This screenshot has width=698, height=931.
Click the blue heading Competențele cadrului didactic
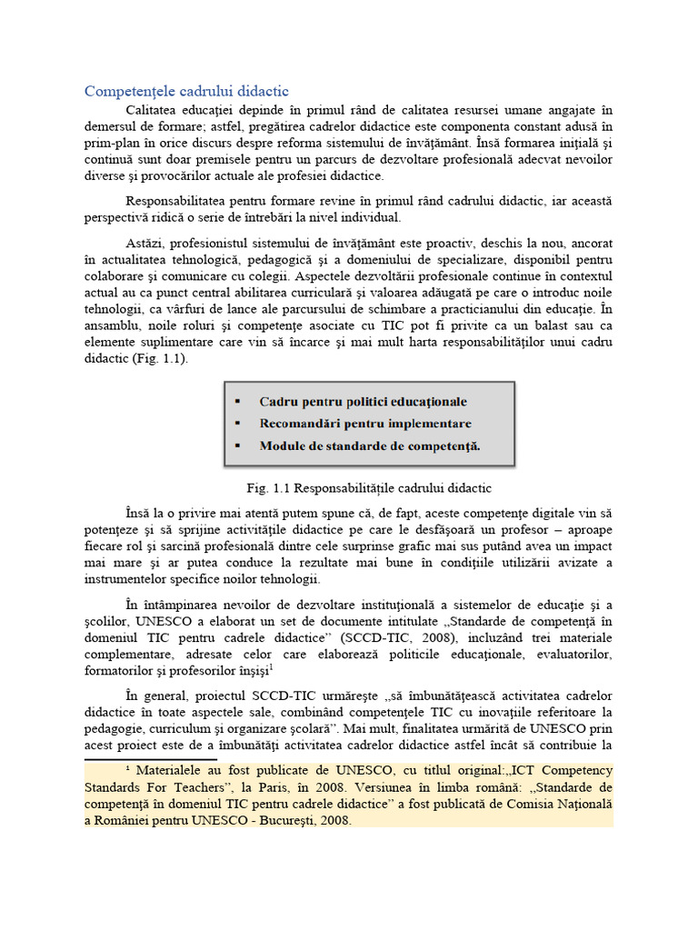click(x=186, y=92)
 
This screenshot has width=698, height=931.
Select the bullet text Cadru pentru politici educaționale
click(x=363, y=401)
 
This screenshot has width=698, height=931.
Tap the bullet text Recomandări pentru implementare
click(x=364, y=424)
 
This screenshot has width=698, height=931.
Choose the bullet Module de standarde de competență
click(x=370, y=446)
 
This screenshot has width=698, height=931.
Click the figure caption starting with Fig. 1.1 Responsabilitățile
click(x=368, y=487)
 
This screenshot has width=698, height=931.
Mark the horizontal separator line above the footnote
click(x=150, y=758)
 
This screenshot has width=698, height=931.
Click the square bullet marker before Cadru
click(x=237, y=402)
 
